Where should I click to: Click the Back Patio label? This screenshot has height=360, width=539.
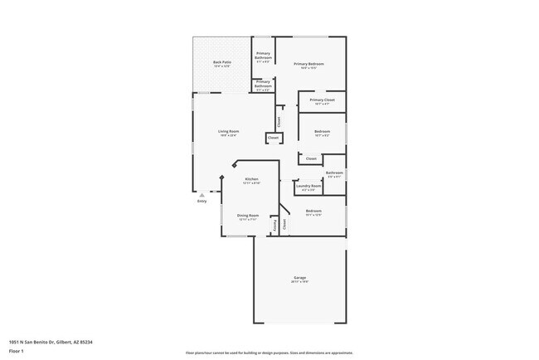point(222,62)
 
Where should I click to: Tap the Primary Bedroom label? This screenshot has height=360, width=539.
point(311,64)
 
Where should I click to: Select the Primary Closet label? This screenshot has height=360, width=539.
point(323,100)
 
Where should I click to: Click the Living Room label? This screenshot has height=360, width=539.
point(229,131)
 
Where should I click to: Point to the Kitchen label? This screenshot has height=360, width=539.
point(251,179)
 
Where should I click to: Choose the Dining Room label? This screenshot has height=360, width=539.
point(249,215)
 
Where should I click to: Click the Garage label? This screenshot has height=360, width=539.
point(299,277)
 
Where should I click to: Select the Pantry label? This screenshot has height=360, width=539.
point(274,223)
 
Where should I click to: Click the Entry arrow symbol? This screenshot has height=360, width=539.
point(202,195)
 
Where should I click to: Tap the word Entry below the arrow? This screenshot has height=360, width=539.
point(202,201)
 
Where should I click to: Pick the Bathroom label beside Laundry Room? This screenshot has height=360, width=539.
point(334,173)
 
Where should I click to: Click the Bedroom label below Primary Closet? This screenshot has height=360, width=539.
point(322,131)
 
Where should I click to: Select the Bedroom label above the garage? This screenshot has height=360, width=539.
point(313,211)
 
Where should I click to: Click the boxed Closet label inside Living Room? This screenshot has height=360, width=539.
point(273,138)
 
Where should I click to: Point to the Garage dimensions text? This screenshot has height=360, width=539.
point(299,282)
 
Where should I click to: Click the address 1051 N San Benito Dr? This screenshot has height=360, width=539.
point(50,341)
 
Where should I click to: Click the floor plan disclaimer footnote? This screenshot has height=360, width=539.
point(269,352)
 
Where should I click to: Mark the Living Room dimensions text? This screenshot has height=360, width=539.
point(229,136)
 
